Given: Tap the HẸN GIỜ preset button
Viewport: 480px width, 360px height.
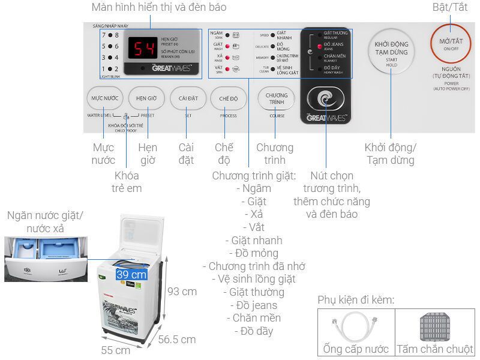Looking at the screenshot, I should click(x=146, y=98).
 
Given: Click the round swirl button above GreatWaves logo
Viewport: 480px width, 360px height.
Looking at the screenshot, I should click(x=326, y=100).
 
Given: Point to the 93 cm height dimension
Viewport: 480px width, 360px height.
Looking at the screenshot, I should click(x=182, y=292).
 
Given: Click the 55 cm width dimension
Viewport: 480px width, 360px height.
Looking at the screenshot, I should click(x=115, y=350).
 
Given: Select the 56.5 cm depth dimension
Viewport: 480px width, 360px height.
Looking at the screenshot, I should click(x=177, y=340).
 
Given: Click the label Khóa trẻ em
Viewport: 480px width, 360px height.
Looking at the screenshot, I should click(x=127, y=182).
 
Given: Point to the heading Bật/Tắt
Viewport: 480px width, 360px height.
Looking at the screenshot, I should click(x=449, y=8).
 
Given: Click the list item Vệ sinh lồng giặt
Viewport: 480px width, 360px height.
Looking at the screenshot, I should click(x=253, y=279).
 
